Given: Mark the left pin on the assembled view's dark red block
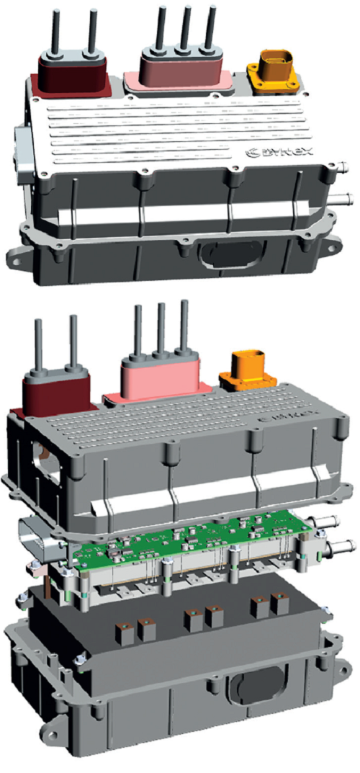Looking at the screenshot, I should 55,32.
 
